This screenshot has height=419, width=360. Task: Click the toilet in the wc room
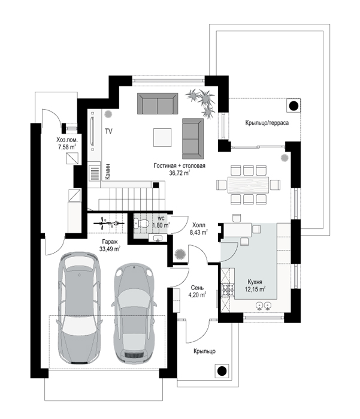click(x=141, y=223)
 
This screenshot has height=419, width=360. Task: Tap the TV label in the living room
click(x=108, y=131)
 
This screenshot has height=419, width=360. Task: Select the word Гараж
click(x=110, y=242)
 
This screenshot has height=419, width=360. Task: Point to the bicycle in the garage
click(x=108, y=223)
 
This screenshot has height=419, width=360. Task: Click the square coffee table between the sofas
click(x=162, y=137)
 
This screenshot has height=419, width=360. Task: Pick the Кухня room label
click(x=255, y=282)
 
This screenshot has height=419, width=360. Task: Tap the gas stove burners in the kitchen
click(x=228, y=290)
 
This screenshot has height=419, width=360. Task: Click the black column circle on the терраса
click(x=294, y=106)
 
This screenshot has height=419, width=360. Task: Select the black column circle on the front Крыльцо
click(x=222, y=371)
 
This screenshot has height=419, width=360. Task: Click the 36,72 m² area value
click(x=180, y=173)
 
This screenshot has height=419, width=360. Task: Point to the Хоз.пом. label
click(x=67, y=140)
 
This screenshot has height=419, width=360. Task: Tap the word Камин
click(x=107, y=171)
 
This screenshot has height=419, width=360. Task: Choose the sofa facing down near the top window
click(x=158, y=104)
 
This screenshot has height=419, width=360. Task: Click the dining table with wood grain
click(x=248, y=185)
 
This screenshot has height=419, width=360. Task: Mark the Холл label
click(x=199, y=225)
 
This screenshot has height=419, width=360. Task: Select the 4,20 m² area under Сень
click(x=197, y=295)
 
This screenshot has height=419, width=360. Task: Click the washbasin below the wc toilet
click(x=158, y=238)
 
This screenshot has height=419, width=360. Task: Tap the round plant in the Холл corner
click(x=180, y=254)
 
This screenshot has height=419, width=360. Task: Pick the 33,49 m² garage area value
click(x=110, y=249)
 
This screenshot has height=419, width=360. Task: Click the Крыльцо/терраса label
click(x=267, y=123)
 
